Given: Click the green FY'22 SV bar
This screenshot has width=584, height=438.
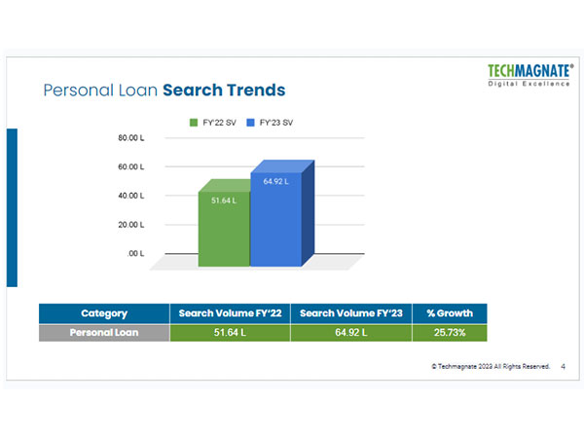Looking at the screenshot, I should tap(224, 229).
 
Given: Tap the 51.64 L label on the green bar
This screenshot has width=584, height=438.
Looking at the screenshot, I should tap(224, 200).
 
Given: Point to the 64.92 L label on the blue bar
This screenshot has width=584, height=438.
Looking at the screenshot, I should tap(275, 181).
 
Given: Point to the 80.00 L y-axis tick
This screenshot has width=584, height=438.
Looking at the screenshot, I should tap(131, 138).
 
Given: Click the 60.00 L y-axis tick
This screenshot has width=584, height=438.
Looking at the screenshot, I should tap(131, 167).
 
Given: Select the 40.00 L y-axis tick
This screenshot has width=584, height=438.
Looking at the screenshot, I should tap(131, 196).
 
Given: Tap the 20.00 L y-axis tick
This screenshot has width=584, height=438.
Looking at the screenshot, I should tap(131, 225).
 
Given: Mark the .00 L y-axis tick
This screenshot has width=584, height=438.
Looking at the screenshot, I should tap(135, 253).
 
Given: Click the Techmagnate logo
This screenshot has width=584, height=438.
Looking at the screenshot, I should tap(529, 74).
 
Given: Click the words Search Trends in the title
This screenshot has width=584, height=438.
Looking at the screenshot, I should tap(224, 91).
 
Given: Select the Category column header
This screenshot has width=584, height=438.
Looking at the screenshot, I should tap(104, 313).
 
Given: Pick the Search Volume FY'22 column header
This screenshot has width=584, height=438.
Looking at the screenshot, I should tap(230, 313).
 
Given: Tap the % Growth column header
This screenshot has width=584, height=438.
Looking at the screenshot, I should tap(449, 313).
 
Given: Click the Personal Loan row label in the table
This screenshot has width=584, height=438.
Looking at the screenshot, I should tap(104, 333).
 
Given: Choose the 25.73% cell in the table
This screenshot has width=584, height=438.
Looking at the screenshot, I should tap(449, 333).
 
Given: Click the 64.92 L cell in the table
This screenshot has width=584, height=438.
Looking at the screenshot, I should tap(350, 333).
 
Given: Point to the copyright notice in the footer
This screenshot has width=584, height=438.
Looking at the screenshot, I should tap(491, 366).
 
